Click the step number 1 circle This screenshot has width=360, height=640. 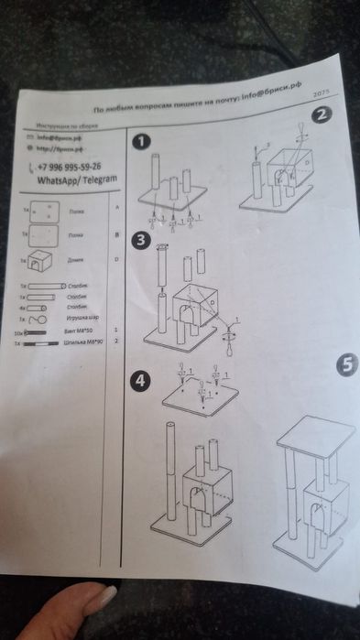140,142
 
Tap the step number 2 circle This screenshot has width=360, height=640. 321,115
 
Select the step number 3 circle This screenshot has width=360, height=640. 140,240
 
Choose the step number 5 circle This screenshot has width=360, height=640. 345,364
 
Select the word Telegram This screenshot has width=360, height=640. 98,180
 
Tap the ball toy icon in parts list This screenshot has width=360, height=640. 35,320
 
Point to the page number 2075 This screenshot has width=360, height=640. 321,94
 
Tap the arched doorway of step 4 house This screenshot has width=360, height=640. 197,500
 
